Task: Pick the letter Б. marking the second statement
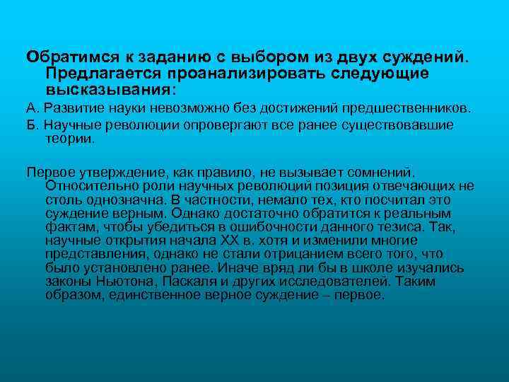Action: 32,125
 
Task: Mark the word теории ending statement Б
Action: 69,139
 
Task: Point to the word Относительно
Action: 88,185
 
